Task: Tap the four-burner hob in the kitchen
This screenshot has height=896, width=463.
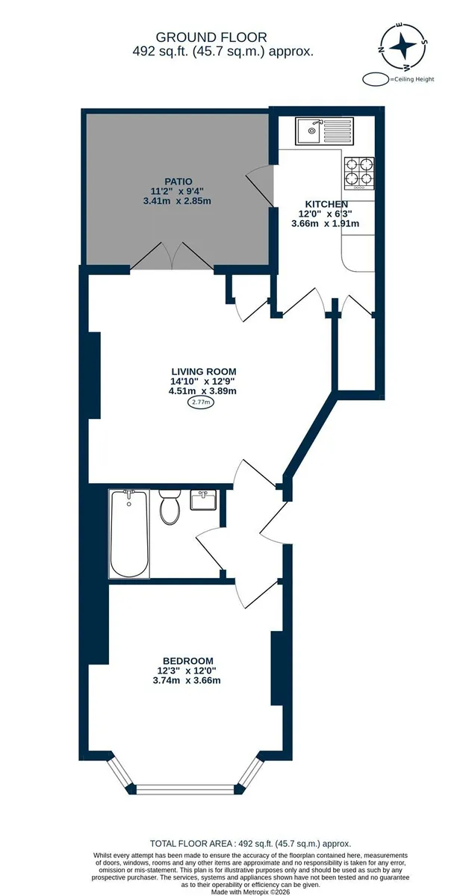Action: (x=359, y=173)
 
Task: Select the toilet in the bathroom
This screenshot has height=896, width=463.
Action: (x=170, y=506)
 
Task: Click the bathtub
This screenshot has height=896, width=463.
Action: (x=129, y=534)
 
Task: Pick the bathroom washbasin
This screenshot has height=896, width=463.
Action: (x=203, y=500)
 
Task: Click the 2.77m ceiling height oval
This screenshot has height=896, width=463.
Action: (x=201, y=402)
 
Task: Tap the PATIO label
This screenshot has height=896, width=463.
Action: (x=178, y=181)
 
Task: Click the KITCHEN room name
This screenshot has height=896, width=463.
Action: (x=326, y=204)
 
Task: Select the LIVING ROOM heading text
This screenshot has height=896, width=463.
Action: (x=204, y=371)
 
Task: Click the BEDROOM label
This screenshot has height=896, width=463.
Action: (x=187, y=661)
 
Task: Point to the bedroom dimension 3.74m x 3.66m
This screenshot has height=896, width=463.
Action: (x=187, y=680)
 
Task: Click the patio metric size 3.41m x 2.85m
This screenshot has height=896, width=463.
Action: (x=177, y=201)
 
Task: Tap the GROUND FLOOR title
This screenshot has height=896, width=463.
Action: (x=211, y=37)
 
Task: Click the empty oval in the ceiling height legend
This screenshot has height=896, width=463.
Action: (x=376, y=79)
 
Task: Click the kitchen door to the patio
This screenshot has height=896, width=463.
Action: (x=261, y=186)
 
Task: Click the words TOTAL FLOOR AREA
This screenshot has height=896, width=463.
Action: (x=191, y=844)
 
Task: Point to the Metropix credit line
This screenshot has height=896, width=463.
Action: (x=250, y=892)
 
